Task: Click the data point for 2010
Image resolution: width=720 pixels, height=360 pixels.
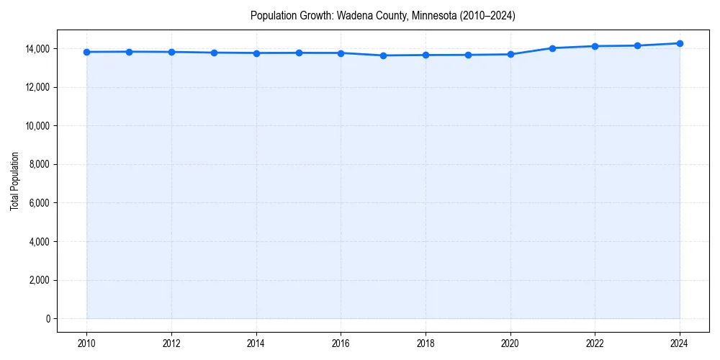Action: click(x=86, y=52)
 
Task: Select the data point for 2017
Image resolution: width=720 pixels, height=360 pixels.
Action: click(x=383, y=55)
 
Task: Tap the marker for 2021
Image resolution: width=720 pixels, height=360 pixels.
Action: click(x=552, y=48)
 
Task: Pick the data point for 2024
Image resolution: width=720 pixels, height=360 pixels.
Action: click(x=680, y=43)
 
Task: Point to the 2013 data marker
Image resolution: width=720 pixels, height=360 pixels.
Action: click(x=214, y=53)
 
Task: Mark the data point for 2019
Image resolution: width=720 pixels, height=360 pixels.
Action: click(x=468, y=55)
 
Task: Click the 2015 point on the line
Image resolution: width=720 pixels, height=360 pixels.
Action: click(x=299, y=53)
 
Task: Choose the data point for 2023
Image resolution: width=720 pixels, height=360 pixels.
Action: click(x=637, y=45)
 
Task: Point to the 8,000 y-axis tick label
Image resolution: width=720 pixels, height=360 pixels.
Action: click(x=40, y=165)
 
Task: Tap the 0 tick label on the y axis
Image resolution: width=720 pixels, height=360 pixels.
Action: click(x=49, y=319)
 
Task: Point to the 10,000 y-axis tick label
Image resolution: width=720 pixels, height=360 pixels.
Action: click(x=38, y=126)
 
